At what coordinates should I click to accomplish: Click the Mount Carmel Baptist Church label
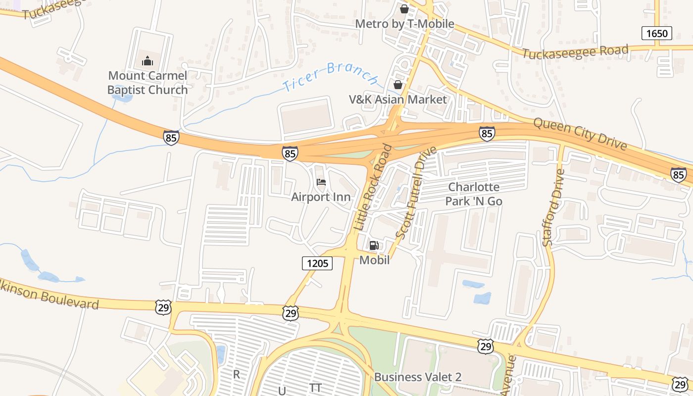coord(148,83)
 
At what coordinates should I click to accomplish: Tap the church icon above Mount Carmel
coord(148,61)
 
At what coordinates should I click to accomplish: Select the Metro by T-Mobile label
coord(404,24)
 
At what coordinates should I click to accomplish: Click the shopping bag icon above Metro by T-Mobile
coord(404,9)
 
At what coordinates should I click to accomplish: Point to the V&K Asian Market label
coord(397,99)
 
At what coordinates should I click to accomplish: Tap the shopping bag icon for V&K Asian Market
coord(397,85)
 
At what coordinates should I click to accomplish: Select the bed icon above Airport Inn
coord(321,182)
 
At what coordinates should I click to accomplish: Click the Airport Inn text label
coord(321,197)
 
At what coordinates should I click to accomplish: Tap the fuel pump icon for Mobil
coord(374,246)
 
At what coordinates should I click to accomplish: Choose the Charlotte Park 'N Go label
coord(474,194)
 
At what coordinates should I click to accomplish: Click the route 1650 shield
coord(657,34)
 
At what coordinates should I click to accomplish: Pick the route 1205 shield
coord(317,263)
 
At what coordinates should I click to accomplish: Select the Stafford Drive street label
coord(553,208)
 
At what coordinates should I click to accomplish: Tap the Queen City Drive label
coord(580,134)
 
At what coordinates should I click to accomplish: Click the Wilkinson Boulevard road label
coord(49,295)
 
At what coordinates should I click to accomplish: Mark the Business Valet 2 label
coord(417,377)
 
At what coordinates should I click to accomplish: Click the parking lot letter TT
coord(315,388)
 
